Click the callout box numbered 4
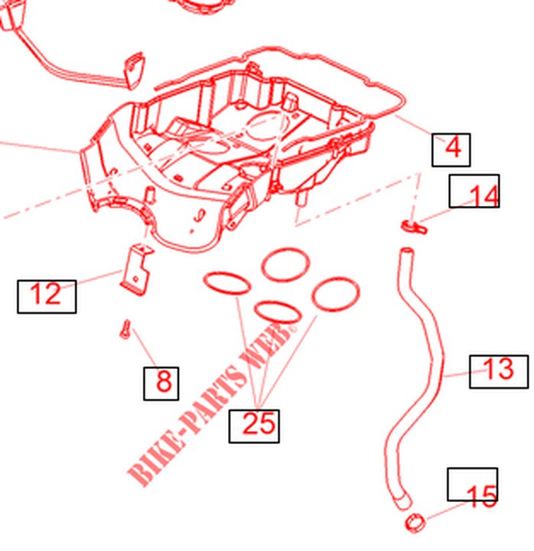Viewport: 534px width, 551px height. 451,149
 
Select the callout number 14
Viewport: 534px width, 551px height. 484,195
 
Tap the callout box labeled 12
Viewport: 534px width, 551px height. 47,297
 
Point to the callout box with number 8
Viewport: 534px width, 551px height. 161,383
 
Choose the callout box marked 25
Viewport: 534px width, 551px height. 254,426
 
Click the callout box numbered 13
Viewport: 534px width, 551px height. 499,372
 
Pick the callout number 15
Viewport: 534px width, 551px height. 482,496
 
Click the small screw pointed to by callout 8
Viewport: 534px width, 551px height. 125,330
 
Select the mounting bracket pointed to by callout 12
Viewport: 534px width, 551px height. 136,269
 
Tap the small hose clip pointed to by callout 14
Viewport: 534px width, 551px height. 414,226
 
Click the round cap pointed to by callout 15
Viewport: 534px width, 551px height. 415,523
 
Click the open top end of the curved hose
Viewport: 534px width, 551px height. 406,252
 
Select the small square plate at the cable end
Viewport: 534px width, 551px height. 134,70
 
